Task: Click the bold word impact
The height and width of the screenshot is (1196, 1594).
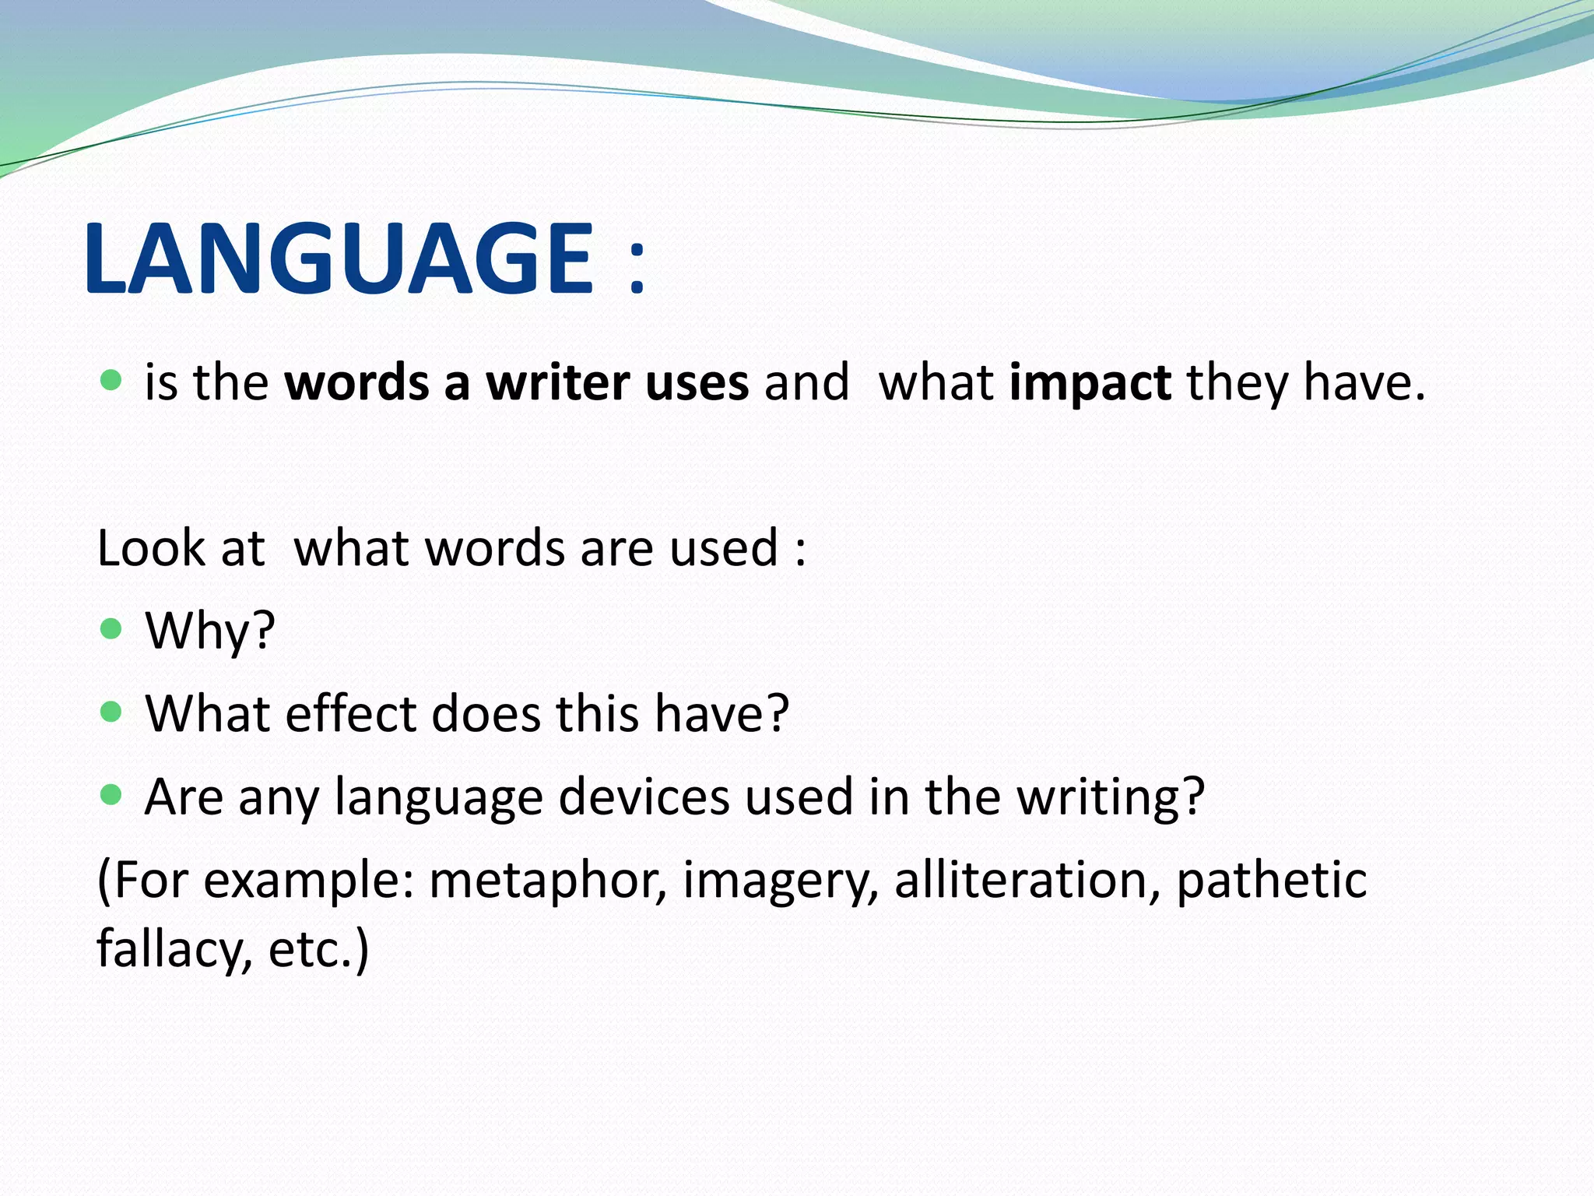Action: [1090, 383]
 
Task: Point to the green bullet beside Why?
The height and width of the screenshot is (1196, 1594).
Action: [112, 628]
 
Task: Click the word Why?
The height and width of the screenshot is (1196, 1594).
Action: [210, 631]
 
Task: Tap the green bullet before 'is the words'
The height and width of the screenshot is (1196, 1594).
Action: [112, 380]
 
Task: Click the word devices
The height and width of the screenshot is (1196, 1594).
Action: [644, 797]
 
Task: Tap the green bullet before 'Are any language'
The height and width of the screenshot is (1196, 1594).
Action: [112, 794]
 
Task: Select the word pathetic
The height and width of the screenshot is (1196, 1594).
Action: [1271, 881]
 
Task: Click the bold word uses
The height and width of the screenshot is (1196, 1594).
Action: [697, 383]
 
